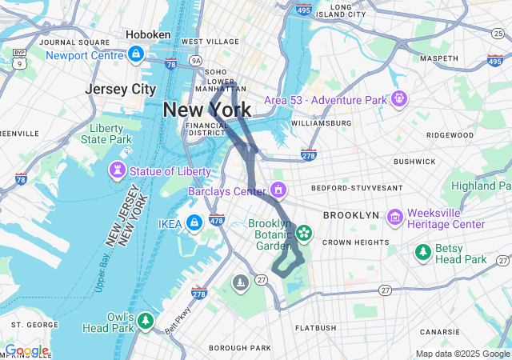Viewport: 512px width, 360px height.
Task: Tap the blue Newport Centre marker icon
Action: coord(136,54)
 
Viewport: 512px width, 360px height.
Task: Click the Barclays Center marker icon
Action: coord(278,190)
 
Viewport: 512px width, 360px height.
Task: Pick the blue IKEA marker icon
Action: coord(194,222)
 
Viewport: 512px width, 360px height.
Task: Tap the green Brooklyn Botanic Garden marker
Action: coord(303,233)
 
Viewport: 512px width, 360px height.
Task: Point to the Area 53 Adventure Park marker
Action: coord(399,99)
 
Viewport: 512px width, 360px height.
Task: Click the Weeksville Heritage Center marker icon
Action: coord(394,217)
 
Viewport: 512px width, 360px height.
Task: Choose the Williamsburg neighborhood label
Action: coord(321,123)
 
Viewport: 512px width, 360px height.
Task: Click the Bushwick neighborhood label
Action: coord(414,161)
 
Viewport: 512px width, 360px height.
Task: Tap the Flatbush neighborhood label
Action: coord(316,328)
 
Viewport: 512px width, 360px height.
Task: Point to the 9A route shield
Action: coord(195,59)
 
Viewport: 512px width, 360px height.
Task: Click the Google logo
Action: coord(26,351)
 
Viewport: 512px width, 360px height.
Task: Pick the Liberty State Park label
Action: coord(111,134)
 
